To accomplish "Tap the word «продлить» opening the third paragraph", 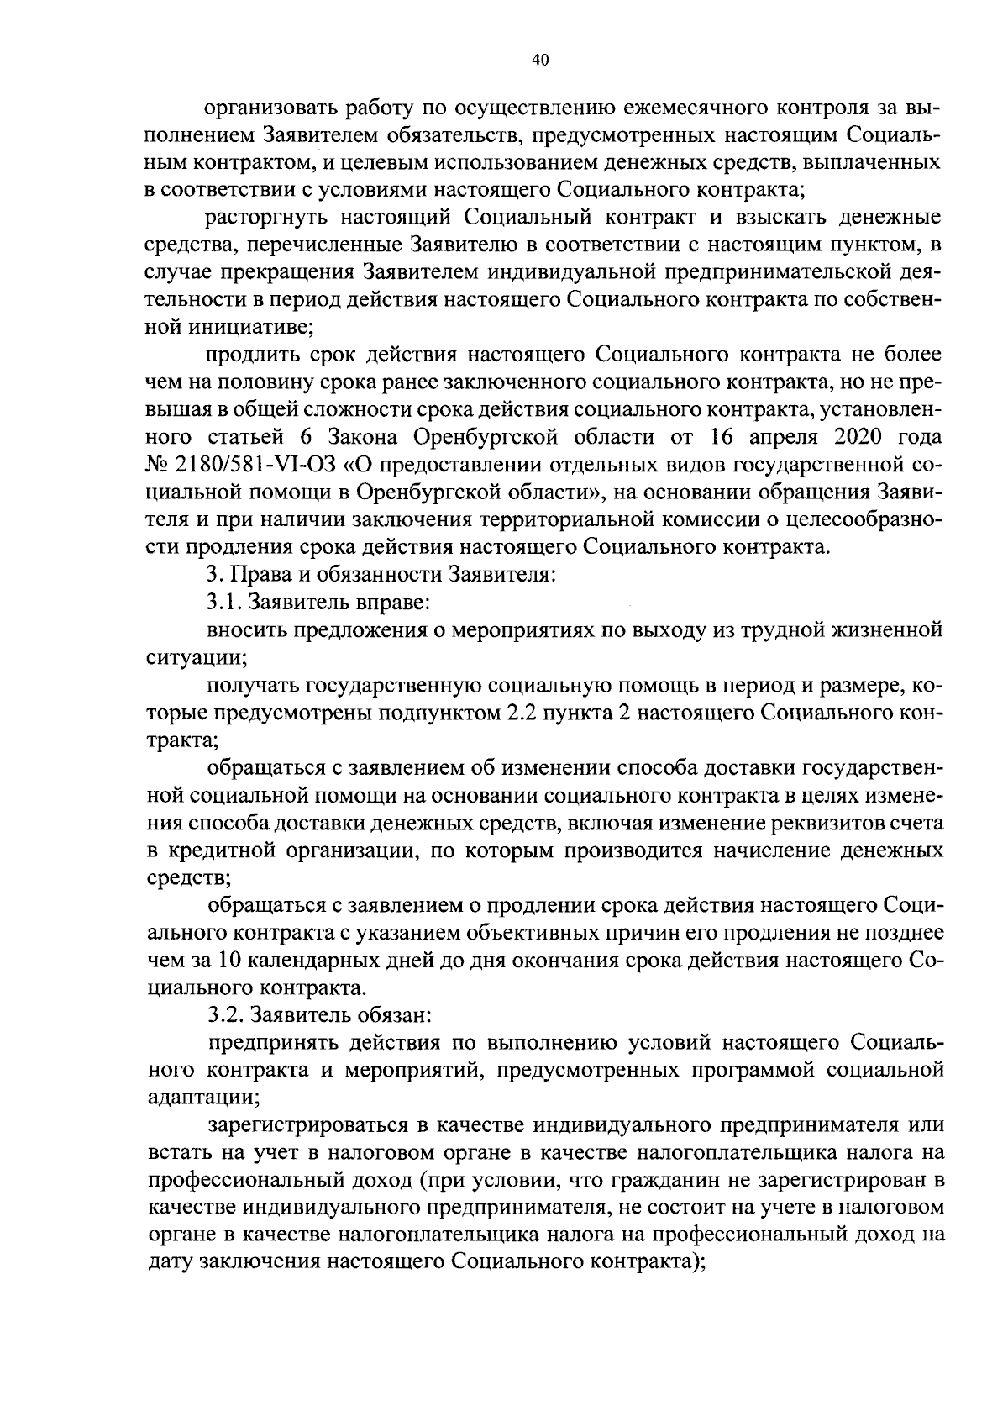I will (x=248, y=356).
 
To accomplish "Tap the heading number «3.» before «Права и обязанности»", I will (x=213, y=576).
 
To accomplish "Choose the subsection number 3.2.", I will (x=223, y=1015).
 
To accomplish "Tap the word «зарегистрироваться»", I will (x=296, y=1125).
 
